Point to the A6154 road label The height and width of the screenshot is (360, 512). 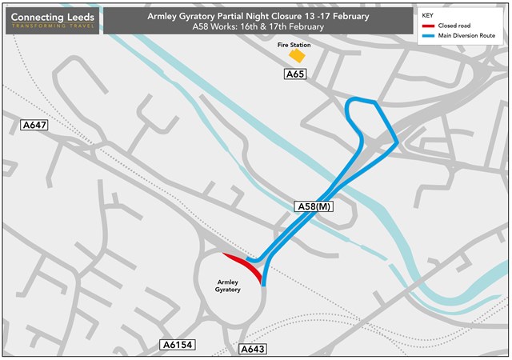(x=177, y=345)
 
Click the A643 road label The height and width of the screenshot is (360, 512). (x=253, y=350)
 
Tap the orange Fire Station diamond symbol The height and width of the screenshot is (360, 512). (x=298, y=56)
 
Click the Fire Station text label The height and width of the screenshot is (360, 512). (x=294, y=45)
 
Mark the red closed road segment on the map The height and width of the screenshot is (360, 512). (x=244, y=266)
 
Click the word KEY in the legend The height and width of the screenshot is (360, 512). (x=427, y=14)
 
